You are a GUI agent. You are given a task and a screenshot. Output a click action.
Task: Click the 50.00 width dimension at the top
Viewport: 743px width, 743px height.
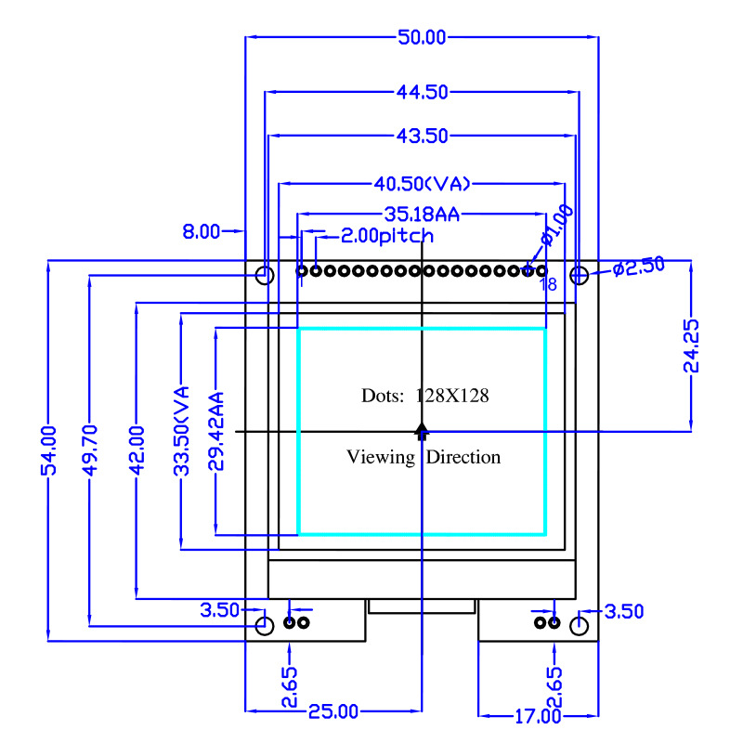click(422, 37)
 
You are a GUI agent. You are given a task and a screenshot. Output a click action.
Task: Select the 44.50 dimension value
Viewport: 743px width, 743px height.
click(423, 92)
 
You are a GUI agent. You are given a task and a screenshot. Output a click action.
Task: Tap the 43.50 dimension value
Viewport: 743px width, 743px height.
click(423, 136)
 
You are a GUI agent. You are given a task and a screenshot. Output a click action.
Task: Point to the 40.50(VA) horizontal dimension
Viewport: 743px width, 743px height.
click(423, 183)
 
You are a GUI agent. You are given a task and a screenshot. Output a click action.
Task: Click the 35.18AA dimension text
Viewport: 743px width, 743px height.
click(422, 215)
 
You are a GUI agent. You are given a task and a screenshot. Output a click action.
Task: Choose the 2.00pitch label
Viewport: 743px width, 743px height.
click(387, 236)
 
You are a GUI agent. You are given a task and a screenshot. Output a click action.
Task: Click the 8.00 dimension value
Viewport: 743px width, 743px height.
click(202, 231)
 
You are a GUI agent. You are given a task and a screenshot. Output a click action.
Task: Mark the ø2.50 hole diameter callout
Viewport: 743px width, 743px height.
click(639, 267)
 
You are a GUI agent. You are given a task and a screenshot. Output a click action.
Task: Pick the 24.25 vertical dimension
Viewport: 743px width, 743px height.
click(691, 345)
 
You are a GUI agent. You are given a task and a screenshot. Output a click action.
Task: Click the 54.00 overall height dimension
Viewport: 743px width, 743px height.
click(49, 450)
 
